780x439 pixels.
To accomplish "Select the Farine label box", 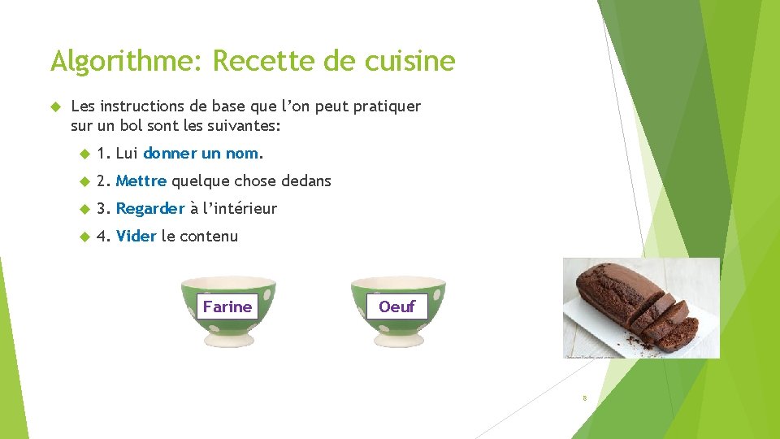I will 227,306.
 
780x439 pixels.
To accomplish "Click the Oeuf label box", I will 396,306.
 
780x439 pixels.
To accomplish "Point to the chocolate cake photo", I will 641,308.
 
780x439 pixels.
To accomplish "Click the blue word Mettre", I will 141,180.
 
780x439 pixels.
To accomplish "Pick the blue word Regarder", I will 150,209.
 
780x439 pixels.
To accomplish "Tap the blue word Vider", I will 136,237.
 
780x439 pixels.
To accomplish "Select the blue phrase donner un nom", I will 201,153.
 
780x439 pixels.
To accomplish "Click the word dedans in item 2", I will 306,180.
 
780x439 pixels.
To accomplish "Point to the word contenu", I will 209,237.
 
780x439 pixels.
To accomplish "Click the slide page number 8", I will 583,398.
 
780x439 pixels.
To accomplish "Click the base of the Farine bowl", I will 227,337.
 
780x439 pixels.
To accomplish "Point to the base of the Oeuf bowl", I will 397,337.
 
